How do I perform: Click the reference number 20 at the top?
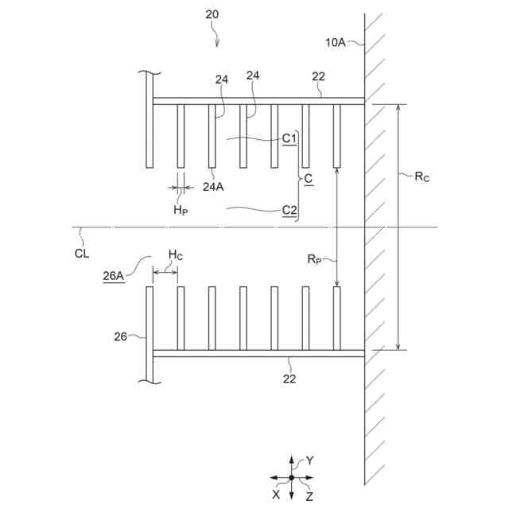click(x=212, y=14)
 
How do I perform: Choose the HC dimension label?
click(x=175, y=254)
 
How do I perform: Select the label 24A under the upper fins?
click(x=212, y=187)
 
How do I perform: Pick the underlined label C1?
click(x=289, y=138)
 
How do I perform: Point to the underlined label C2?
click(x=289, y=210)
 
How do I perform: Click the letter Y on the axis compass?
click(x=310, y=460)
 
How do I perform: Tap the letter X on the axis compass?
click(x=276, y=493)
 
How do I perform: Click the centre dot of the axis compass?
click(x=292, y=477)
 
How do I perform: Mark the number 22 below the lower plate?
click(x=289, y=379)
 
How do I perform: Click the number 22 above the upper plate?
click(x=318, y=77)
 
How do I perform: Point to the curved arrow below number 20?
click(x=217, y=33)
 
